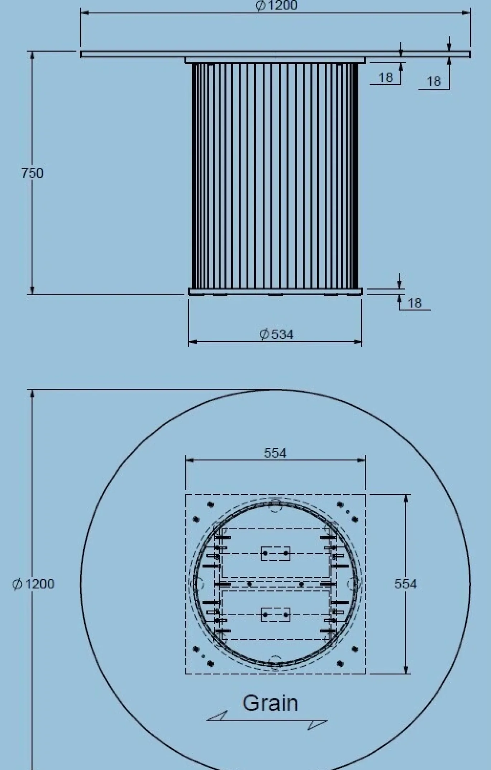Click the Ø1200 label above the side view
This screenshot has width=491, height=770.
[x=276, y=5]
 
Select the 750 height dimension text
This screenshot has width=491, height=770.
[x=32, y=173]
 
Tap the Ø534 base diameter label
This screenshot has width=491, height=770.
[x=276, y=335]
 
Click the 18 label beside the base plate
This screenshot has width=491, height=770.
[x=415, y=303]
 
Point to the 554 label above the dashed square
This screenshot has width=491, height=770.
[x=275, y=453]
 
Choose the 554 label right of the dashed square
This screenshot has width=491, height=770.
[x=406, y=584]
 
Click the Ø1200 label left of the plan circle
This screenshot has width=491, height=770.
[x=33, y=584]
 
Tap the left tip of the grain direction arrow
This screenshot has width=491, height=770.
[x=207, y=721]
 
